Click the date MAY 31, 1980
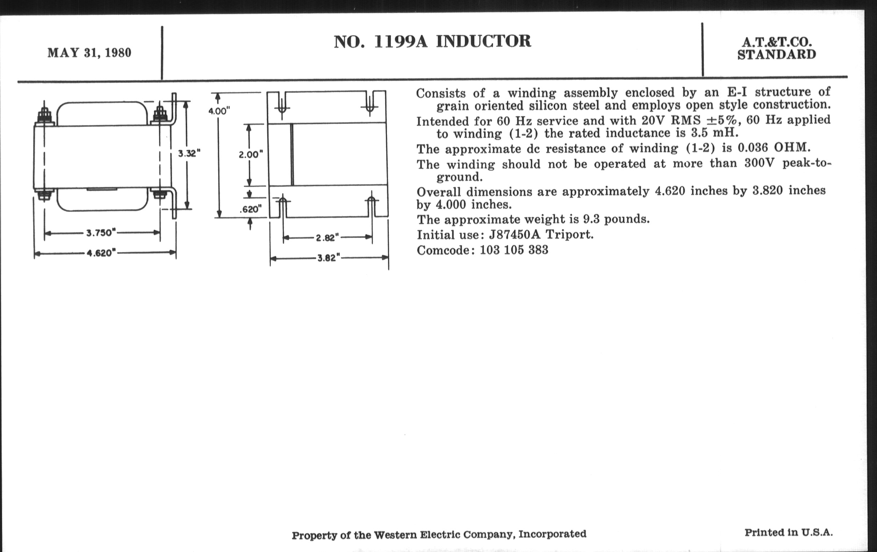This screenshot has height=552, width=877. point(89,53)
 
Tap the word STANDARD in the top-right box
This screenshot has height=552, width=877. point(776,55)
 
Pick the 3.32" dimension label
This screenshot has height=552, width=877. point(189,153)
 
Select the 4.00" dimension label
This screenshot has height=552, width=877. point(219,111)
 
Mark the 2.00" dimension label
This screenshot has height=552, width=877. point(251,155)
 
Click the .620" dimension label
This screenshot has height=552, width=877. point(251,209)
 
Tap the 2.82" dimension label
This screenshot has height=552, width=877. point(327,238)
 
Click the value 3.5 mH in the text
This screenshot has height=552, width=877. point(715,133)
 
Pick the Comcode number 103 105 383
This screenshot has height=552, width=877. point(514,250)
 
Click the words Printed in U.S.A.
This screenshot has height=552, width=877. point(789,532)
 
